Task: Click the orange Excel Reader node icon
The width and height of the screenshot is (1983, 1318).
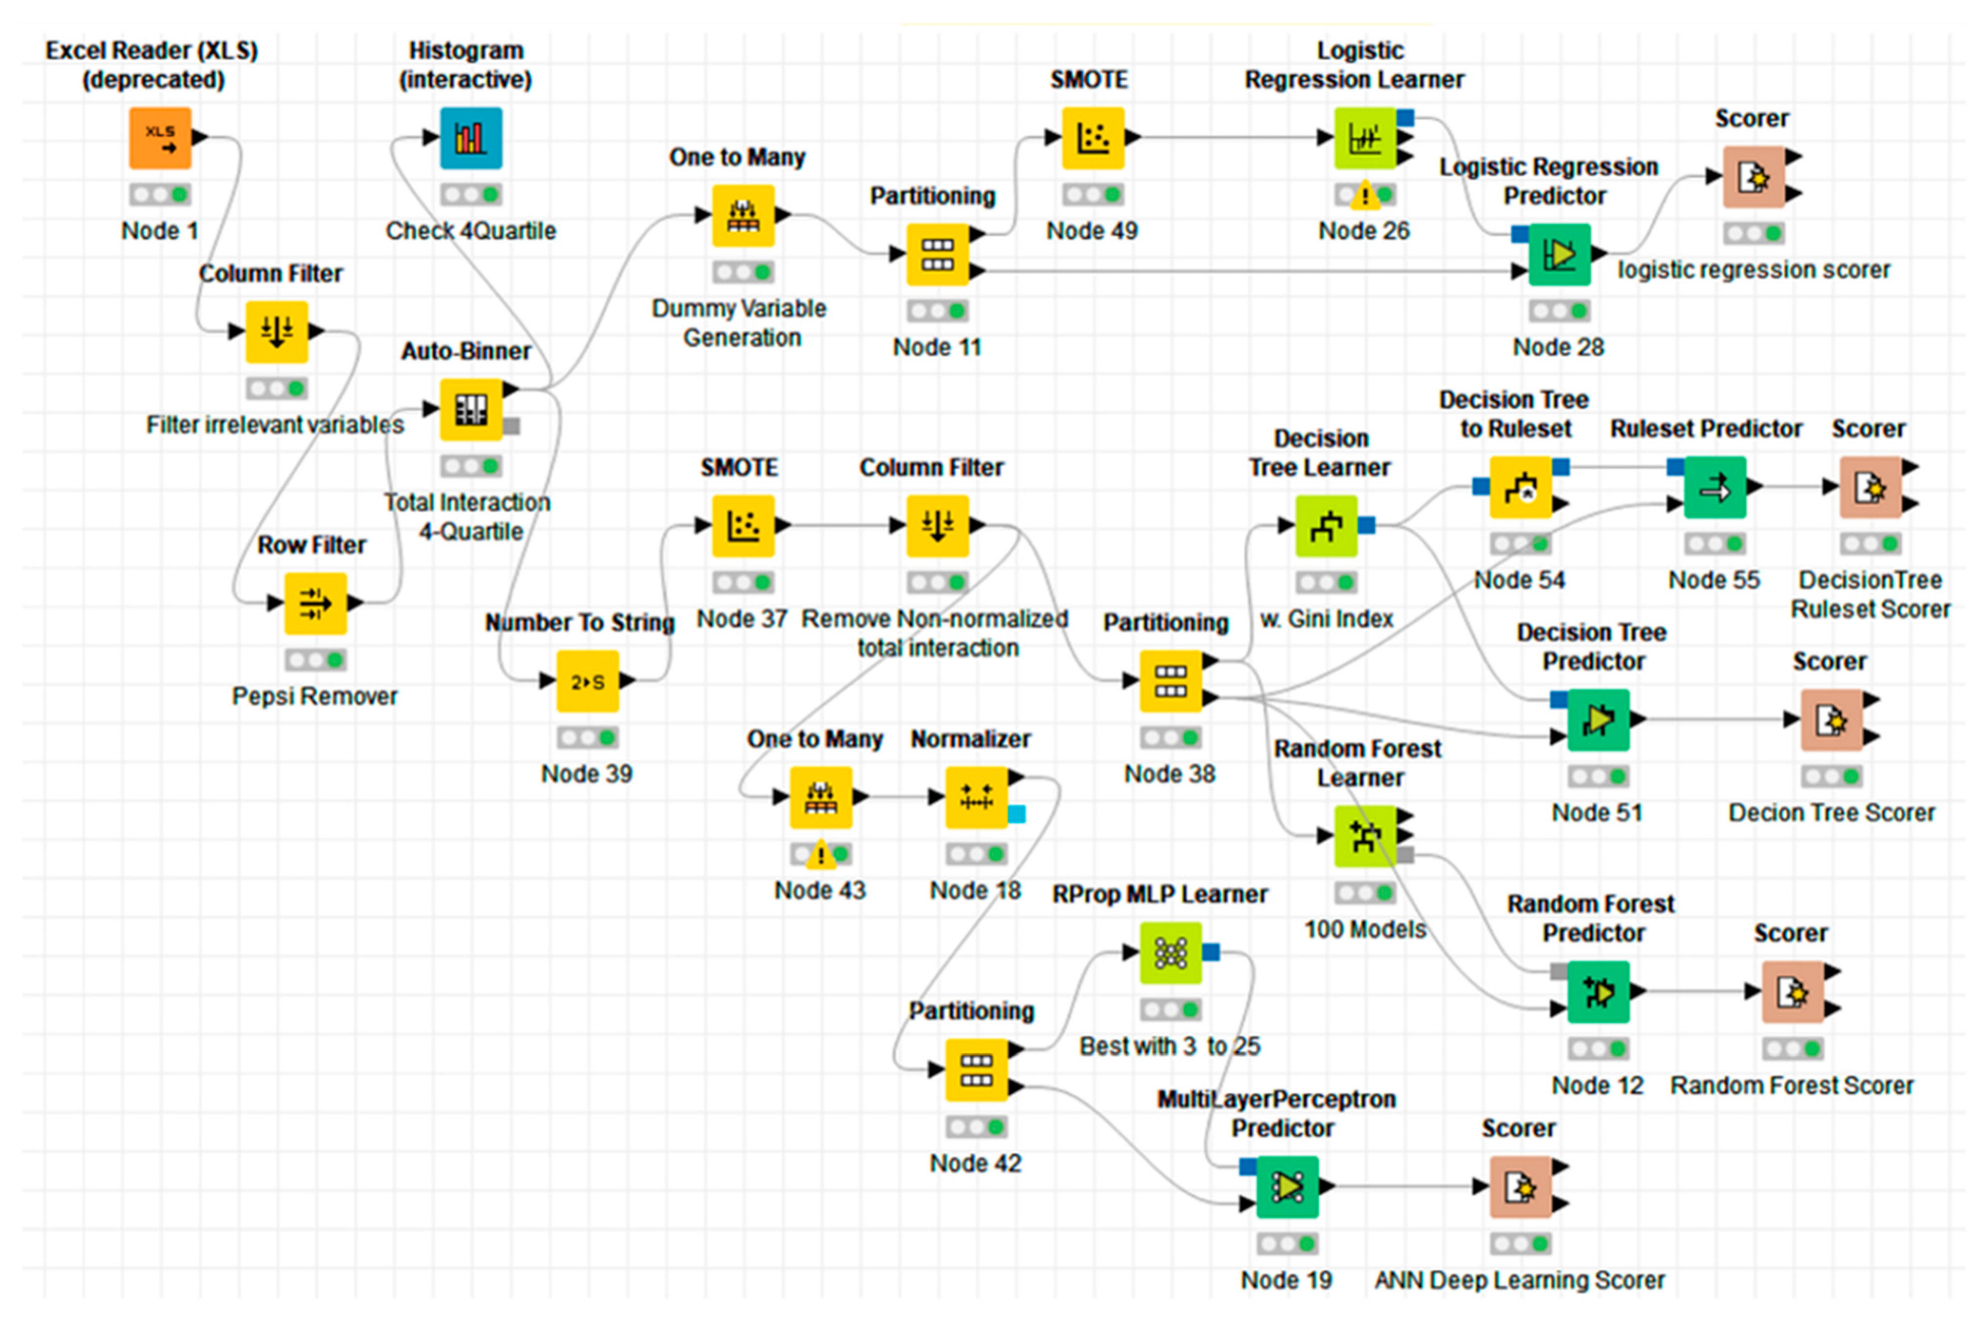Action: (x=160, y=138)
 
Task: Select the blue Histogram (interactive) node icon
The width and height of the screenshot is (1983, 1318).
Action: (x=471, y=138)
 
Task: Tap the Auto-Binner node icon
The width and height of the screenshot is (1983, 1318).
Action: (x=471, y=409)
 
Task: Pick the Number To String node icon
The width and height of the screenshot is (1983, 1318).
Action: (x=588, y=681)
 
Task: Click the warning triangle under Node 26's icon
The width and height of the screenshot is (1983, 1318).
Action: (x=1364, y=197)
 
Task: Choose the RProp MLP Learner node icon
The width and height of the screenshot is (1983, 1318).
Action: (x=1170, y=953)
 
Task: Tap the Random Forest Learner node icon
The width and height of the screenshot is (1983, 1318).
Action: (x=1364, y=836)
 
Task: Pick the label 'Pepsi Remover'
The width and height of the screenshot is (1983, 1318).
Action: (x=315, y=696)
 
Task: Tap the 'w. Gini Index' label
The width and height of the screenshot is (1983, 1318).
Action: (x=1326, y=619)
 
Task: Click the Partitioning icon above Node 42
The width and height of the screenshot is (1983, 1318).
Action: (x=976, y=1069)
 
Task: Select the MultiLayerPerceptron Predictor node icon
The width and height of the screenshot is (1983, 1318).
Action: (x=1287, y=1186)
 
